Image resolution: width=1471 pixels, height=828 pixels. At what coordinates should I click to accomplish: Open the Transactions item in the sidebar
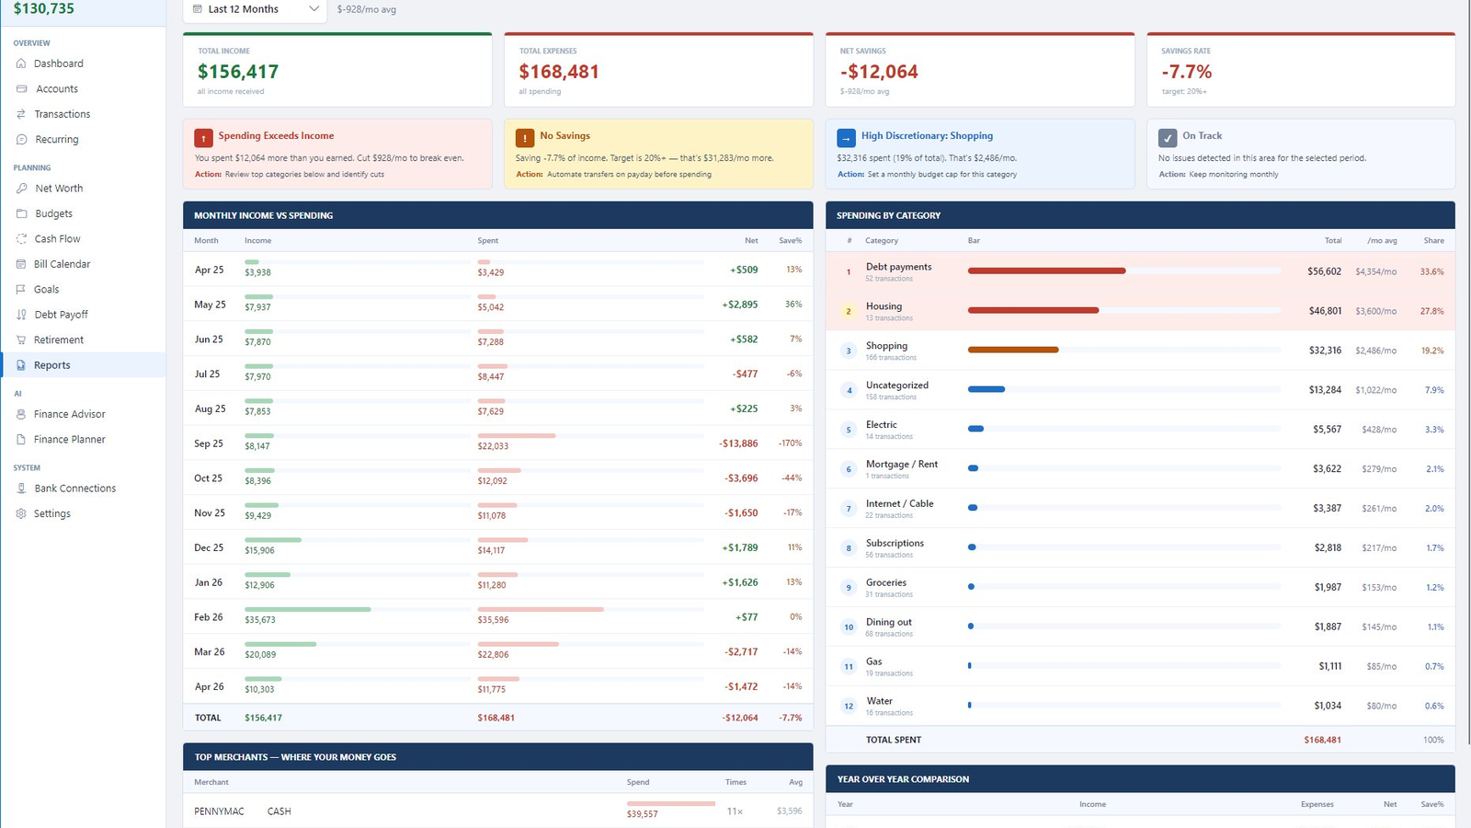pyautogui.click(x=62, y=114)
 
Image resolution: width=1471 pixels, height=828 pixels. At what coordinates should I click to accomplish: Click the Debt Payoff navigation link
pyautogui.click(x=61, y=314)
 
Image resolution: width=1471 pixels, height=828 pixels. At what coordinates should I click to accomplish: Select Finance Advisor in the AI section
pyautogui.click(x=69, y=414)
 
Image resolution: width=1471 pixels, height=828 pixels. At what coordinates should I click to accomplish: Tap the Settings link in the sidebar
pyautogui.click(x=51, y=513)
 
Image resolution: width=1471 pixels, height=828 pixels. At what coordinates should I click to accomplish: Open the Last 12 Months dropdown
pyautogui.click(x=255, y=9)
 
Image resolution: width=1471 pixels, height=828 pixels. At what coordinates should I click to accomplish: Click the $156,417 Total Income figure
pyautogui.click(x=238, y=71)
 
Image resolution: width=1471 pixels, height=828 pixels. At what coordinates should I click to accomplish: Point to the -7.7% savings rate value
pyautogui.click(x=1186, y=71)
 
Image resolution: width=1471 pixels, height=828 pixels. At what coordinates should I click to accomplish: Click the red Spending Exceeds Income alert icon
pyautogui.click(x=203, y=138)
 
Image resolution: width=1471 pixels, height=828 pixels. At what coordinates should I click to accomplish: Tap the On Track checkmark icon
pyautogui.click(x=1168, y=138)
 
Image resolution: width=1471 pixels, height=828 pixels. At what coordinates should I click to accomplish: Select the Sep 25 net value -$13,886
pyautogui.click(x=738, y=443)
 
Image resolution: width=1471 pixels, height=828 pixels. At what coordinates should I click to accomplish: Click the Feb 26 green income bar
pyautogui.click(x=307, y=609)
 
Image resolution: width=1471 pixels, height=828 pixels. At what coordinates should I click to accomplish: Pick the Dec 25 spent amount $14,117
pyautogui.click(x=491, y=550)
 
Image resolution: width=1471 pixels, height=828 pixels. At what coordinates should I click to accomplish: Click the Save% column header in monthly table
pyautogui.click(x=790, y=240)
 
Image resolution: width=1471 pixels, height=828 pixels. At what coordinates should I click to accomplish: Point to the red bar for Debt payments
pyautogui.click(x=1047, y=270)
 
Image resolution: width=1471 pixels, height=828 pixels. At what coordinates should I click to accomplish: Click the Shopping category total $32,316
pyautogui.click(x=1325, y=351)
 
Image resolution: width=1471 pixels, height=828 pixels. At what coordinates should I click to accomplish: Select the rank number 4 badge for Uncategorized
pyautogui.click(x=849, y=390)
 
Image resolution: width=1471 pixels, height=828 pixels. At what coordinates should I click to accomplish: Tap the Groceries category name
pyautogui.click(x=886, y=582)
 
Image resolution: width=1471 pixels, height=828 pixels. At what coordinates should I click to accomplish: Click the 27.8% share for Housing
pyautogui.click(x=1431, y=311)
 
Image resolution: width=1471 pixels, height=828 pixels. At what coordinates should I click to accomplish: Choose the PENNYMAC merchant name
pyautogui.click(x=219, y=811)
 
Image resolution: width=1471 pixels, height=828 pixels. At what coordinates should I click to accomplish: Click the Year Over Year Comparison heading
pyautogui.click(x=903, y=778)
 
